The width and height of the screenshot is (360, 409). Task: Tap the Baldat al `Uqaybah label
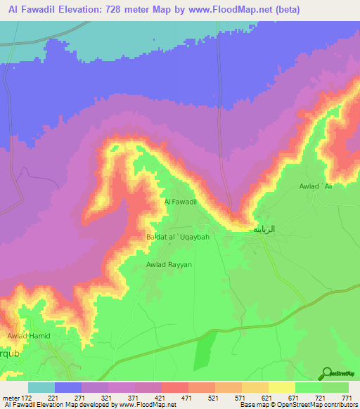point(178,238)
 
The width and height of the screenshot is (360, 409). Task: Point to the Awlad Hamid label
point(27,337)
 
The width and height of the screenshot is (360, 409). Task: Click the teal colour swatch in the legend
point(41,387)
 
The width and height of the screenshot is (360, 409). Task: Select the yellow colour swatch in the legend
point(282,387)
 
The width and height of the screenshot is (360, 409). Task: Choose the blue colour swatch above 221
point(68,387)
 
